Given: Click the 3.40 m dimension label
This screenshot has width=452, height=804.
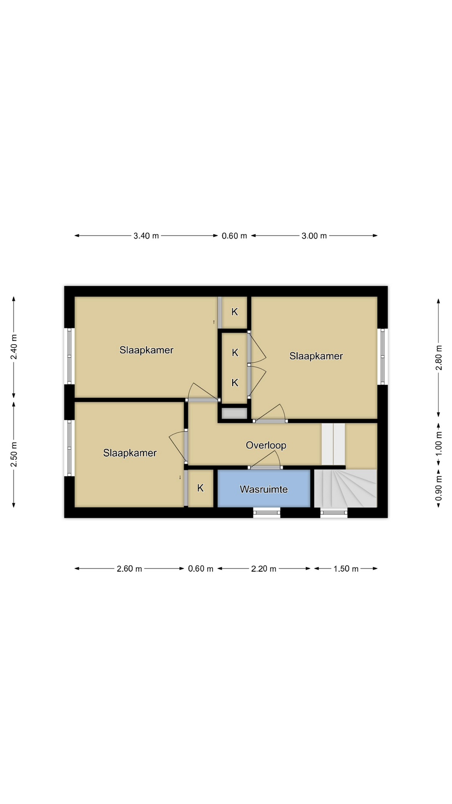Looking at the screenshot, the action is pyautogui.click(x=146, y=236).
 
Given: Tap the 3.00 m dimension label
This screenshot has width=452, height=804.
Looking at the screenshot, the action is pyautogui.click(x=314, y=236).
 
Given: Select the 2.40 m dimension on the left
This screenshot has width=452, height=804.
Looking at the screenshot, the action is pyautogui.click(x=14, y=347).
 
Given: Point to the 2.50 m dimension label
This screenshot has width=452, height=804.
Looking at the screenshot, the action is pyautogui.click(x=14, y=454).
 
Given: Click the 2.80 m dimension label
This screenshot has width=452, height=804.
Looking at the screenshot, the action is pyautogui.click(x=439, y=358).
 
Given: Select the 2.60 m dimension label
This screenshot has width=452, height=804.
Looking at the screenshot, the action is pyautogui.click(x=129, y=569).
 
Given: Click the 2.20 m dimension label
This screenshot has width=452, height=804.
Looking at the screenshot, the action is pyautogui.click(x=264, y=569).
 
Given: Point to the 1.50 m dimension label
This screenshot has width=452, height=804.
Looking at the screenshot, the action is pyautogui.click(x=346, y=569).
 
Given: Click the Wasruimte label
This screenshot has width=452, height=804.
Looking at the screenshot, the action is pyautogui.click(x=264, y=489).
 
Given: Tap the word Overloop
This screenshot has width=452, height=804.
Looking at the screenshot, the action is pyautogui.click(x=266, y=445).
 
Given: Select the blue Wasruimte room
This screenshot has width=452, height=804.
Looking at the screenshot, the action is pyautogui.click(x=264, y=489).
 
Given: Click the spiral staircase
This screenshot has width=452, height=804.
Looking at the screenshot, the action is pyautogui.click(x=346, y=488).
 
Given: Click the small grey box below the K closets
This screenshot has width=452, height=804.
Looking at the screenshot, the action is pyautogui.click(x=234, y=413).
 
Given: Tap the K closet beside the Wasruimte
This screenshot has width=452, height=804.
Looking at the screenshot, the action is pyautogui.click(x=200, y=488).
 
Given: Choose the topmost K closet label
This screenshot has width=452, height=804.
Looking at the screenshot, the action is pyautogui.click(x=235, y=312).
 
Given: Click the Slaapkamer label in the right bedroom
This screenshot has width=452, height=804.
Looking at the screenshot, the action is pyautogui.click(x=316, y=356).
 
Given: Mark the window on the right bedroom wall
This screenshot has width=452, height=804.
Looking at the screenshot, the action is pyautogui.click(x=383, y=356).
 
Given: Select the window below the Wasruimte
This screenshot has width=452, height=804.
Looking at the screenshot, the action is pyautogui.click(x=267, y=513).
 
